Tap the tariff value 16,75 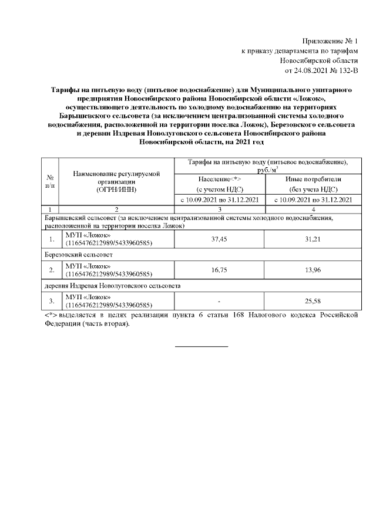click(219, 270)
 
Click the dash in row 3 click(219, 302)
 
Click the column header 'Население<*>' click(220, 178)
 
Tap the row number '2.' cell click(52, 270)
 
